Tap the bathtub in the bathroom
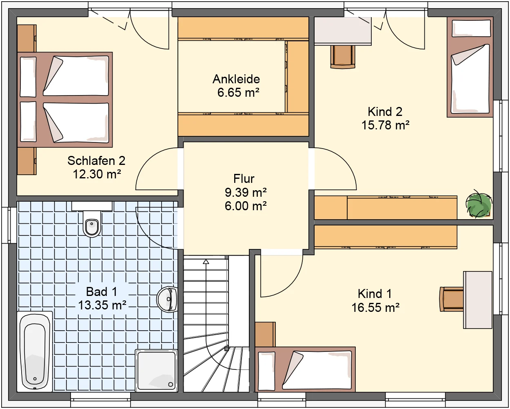click(x=35, y=352)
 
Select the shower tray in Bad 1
click(x=156, y=370)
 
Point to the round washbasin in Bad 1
click(x=167, y=300)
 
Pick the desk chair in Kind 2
click(x=343, y=57)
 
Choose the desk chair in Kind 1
click(x=452, y=299)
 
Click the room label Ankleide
click(x=236, y=79)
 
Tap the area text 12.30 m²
click(x=97, y=174)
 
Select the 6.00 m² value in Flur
click(x=246, y=206)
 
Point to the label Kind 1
click(x=375, y=294)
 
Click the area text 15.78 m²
click(x=385, y=125)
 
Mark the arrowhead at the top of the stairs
click(x=206, y=262)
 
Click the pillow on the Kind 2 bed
click(x=471, y=29)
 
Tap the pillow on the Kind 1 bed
click(x=266, y=371)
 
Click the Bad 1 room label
click(x=102, y=291)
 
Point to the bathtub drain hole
click(x=35, y=379)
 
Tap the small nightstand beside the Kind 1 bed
click(x=265, y=334)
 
